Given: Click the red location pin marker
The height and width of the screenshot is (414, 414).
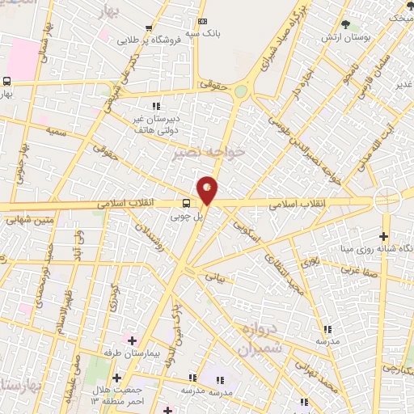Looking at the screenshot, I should point(208,190).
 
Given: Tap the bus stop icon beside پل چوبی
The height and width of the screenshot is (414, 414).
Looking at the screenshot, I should point(186,204).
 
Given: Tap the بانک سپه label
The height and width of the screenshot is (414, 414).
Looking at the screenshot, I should point(206,34).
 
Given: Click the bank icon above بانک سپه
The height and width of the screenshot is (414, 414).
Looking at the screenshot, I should point(202,21).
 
